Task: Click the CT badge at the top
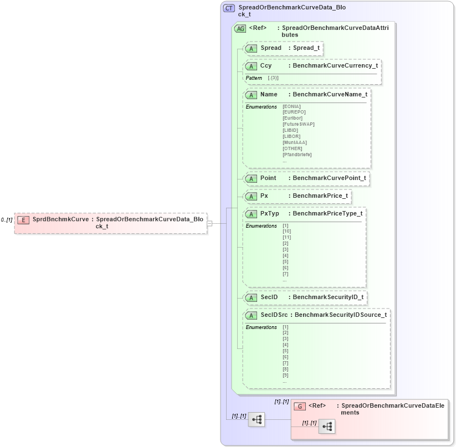point(229,8)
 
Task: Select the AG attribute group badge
point(240,28)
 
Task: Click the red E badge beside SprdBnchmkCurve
point(23,220)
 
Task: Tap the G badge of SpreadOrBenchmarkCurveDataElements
point(300,406)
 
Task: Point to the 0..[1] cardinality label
point(7,220)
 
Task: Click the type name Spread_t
point(306,48)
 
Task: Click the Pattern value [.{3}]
point(273,78)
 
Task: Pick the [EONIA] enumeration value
point(291,106)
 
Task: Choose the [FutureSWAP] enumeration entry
point(298,124)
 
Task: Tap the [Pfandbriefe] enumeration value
point(297,155)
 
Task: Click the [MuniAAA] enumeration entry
point(294,142)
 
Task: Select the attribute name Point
point(268,178)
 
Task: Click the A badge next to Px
point(252,196)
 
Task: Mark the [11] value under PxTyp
point(286,237)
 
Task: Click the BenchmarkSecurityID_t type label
point(328,297)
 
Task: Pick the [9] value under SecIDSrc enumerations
point(285,375)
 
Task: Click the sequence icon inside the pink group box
point(327,426)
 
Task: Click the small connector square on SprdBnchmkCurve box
point(209,223)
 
